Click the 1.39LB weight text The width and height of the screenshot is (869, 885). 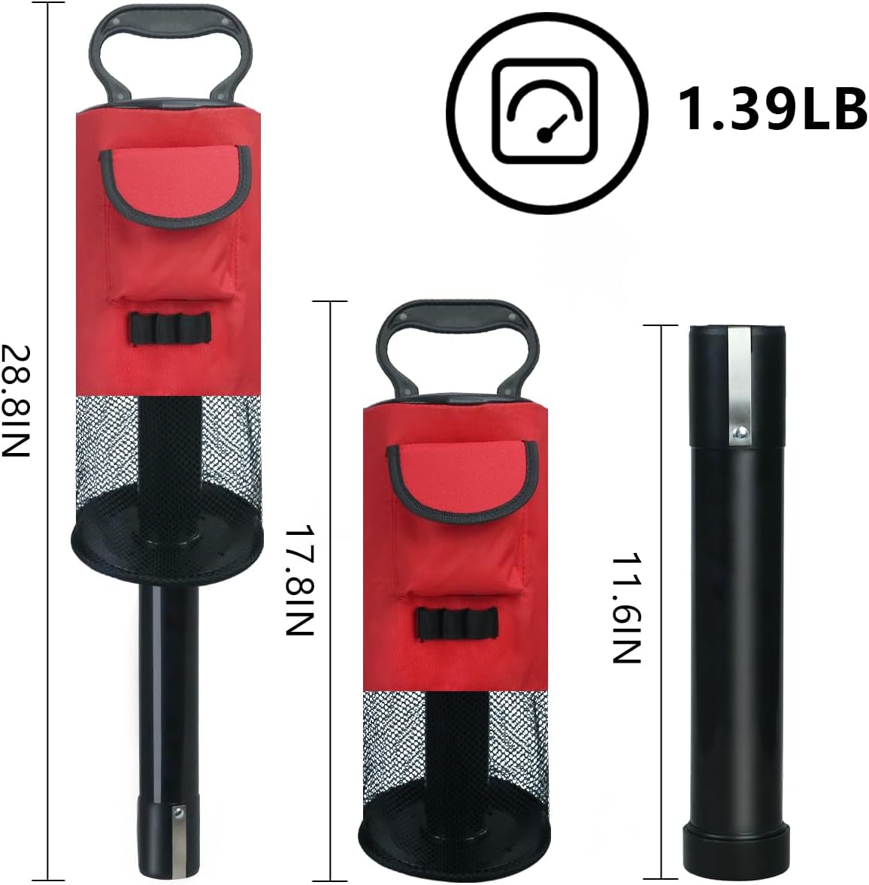773,108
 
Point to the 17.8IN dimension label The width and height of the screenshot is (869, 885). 298,579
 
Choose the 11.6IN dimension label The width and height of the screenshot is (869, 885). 625,609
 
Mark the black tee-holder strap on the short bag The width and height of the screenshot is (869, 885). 457,623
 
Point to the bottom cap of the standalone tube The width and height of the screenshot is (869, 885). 736,847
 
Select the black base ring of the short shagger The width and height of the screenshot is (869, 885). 456,833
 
